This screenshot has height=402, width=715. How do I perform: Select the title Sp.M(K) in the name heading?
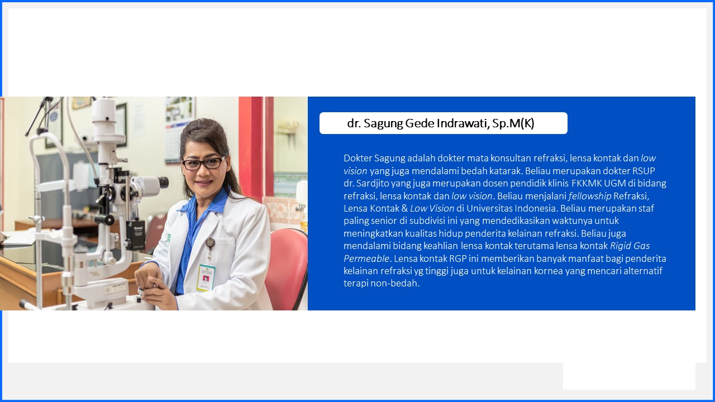(x=513, y=123)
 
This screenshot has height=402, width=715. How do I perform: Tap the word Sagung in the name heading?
(x=383, y=124)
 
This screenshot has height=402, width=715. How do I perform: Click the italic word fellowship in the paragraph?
(x=589, y=196)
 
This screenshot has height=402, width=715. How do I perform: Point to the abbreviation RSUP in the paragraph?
(x=643, y=171)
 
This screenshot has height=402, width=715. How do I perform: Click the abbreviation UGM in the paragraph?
(x=615, y=184)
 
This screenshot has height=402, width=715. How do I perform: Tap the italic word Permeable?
(x=366, y=259)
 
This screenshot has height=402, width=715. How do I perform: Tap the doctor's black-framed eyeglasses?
(x=204, y=163)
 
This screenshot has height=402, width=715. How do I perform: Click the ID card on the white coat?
(x=206, y=277)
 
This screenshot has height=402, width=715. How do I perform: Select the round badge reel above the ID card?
(x=210, y=242)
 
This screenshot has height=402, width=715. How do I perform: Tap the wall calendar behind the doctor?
(x=179, y=130)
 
